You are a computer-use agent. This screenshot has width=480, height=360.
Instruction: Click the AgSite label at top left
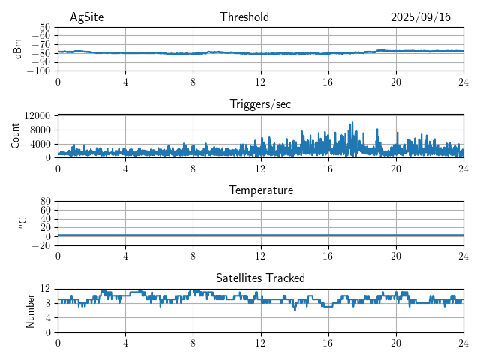click(86, 17)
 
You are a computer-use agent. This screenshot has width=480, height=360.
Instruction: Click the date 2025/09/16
click(420, 17)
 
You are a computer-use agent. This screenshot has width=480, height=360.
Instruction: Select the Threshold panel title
click(244, 17)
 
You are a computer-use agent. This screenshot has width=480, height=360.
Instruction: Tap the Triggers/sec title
click(260, 104)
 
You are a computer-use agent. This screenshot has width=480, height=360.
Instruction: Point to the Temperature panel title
click(260, 190)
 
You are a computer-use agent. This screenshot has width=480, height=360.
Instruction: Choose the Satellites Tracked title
click(260, 277)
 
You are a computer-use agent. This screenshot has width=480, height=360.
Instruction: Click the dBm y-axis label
click(18, 49)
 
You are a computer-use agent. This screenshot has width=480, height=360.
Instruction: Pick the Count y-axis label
click(16, 136)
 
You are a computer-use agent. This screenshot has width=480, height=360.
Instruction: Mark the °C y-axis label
click(22, 223)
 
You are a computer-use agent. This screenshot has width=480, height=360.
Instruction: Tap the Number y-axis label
click(30, 310)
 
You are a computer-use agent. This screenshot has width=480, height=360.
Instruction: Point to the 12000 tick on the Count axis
click(37, 115)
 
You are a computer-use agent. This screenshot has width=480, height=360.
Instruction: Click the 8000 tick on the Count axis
click(40, 130)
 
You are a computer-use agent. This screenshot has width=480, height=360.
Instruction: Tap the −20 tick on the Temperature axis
click(42, 245)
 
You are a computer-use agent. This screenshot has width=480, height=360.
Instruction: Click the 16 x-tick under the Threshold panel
click(328, 82)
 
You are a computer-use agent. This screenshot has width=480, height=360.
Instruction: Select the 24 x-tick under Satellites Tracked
click(463, 343)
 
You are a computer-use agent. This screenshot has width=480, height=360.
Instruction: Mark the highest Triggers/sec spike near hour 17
click(352, 123)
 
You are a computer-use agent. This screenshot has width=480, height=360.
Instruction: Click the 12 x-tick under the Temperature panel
click(260, 256)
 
